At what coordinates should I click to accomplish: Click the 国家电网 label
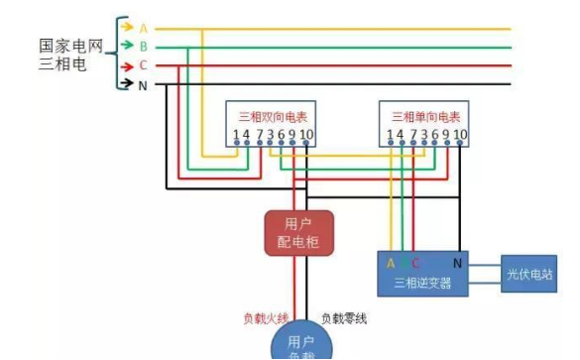70,47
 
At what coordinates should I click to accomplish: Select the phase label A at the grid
143,28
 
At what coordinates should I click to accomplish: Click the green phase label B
143,47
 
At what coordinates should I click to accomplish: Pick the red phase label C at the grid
143,65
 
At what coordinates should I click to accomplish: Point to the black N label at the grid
143,84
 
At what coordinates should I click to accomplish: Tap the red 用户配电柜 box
298,232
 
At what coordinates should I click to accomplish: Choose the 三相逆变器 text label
422,284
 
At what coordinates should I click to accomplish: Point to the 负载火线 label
266,318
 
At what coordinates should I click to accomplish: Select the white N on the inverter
457,264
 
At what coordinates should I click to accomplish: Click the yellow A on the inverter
391,264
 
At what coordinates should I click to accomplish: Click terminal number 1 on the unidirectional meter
389,134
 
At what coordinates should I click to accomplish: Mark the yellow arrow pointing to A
126,27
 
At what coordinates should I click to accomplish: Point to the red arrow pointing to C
126,65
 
